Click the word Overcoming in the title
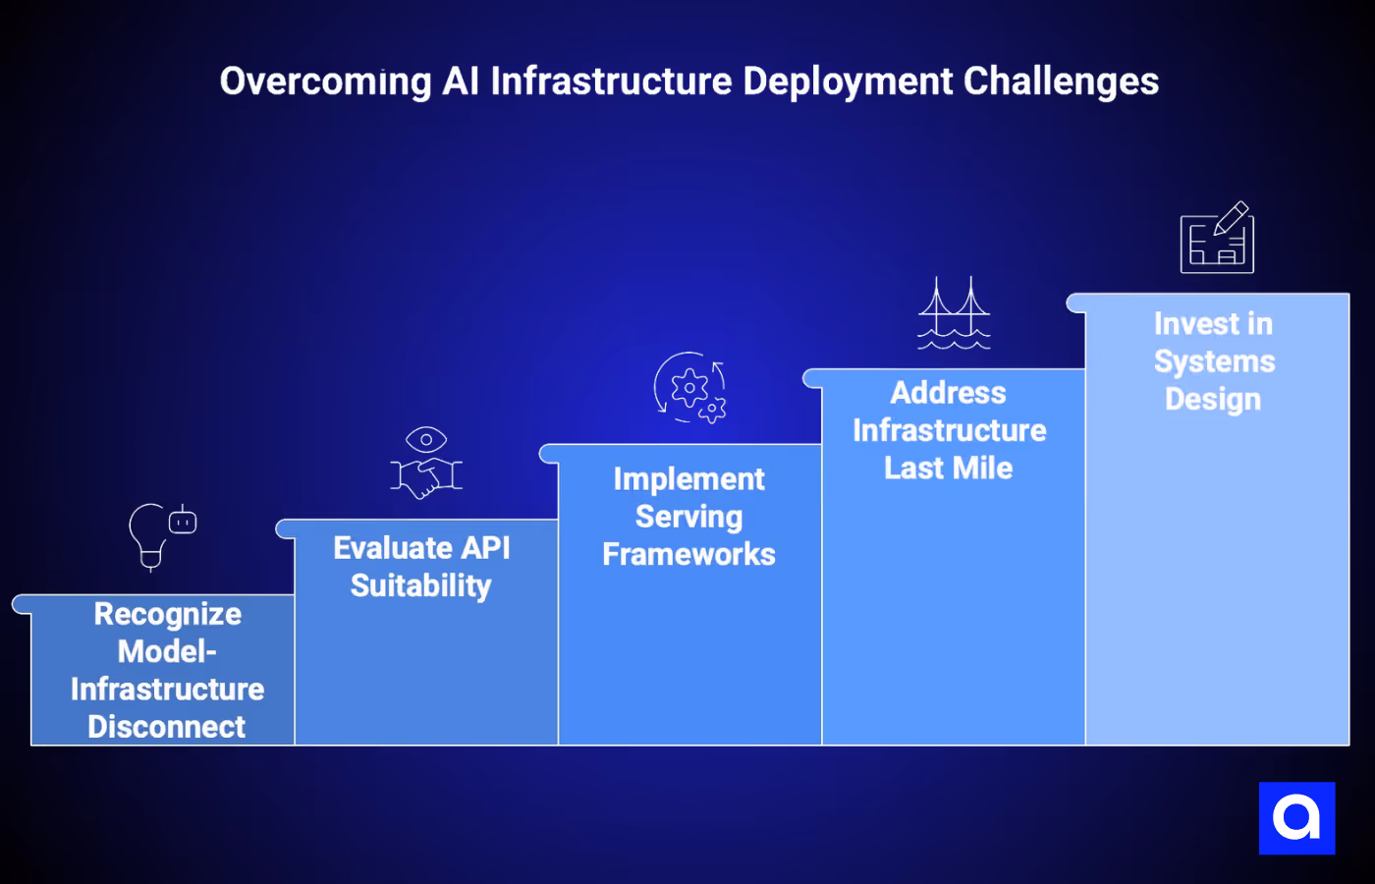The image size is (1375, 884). click(x=325, y=83)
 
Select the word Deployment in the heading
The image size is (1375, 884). click(x=847, y=83)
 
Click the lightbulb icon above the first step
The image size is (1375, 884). click(x=149, y=535)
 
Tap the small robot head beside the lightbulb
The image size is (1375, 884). click(x=183, y=522)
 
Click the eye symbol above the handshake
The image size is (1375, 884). click(x=426, y=439)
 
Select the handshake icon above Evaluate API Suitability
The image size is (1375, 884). click(x=426, y=478)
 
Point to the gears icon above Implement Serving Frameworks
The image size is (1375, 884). click(x=690, y=388)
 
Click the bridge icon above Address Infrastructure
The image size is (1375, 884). click(x=954, y=313)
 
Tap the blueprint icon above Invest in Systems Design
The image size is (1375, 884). click(x=1216, y=239)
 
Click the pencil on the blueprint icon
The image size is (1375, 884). click(x=1232, y=218)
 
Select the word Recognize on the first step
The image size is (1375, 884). click(x=168, y=615)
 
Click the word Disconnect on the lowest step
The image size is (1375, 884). click(x=167, y=727)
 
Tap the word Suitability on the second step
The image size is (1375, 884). click(x=420, y=586)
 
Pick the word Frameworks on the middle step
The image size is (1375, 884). click(x=688, y=555)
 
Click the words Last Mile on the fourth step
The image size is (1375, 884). click(x=948, y=469)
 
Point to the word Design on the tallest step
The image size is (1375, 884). click(x=1213, y=400)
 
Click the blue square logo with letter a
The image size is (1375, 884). click(x=1296, y=818)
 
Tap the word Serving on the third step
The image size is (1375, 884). click(x=688, y=518)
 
